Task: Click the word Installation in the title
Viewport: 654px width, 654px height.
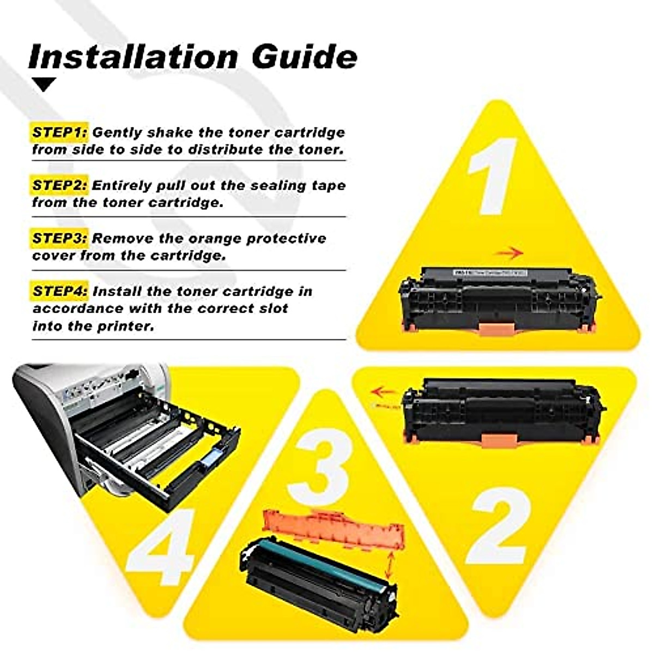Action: click(x=133, y=56)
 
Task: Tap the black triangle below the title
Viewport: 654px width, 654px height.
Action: click(x=44, y=84)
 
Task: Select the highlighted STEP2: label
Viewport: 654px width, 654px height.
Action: click(x=59, y=185)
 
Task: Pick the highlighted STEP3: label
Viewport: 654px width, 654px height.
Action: click(x=59, y=238)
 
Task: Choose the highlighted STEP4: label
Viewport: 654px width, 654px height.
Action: click(x=59, y=291)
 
